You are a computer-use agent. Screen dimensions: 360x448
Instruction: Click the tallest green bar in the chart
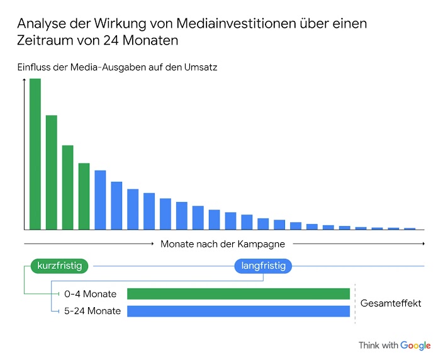coord(35,154)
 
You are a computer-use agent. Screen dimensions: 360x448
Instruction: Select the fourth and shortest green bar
coord(84,196)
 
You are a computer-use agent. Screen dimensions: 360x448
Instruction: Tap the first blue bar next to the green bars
coord(100,200)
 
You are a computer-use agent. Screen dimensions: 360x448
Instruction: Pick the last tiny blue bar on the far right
coord(410,228)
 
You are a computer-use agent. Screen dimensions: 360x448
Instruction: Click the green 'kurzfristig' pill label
coord(59,266)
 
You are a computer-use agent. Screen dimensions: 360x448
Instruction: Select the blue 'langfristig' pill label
coord(263,266)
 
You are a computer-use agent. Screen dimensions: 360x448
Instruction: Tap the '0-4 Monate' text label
coord(90,294)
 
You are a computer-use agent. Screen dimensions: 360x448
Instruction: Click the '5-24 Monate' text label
coord(92,311)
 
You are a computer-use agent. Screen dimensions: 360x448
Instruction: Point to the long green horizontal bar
coord(238,294)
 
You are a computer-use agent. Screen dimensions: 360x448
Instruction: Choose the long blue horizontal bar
coord(238,311)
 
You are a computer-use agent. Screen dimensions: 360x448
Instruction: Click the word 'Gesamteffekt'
coord(391,303)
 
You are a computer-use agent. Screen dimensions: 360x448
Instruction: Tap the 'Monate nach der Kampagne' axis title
coord(223,244)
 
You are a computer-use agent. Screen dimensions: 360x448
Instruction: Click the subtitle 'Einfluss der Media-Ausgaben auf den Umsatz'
coord(117,67)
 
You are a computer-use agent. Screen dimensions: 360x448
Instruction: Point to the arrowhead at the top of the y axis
coord(25,81)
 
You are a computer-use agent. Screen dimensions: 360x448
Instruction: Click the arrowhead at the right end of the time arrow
coord(423,244)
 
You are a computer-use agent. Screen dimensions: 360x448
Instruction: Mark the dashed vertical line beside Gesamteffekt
coord(355,303)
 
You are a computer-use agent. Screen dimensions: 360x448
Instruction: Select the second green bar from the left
coord(52,172)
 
